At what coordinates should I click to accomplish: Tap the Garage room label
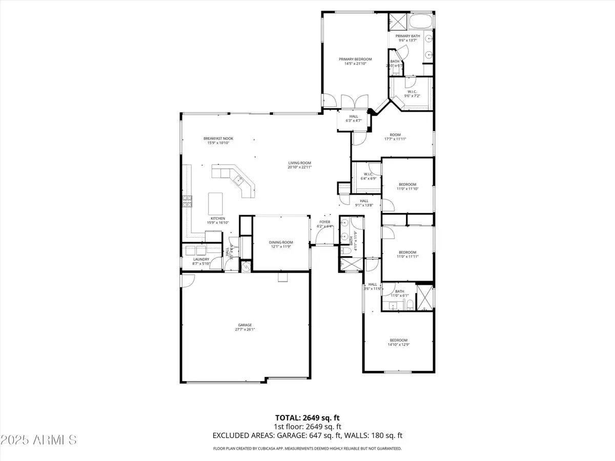[x=244, y=325]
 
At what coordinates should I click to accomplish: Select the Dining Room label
[x=281, y=242]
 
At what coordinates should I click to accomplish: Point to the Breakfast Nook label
[x=216, y=138]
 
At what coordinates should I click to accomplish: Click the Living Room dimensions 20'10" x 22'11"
[x=299, y=167]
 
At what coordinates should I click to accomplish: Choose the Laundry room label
[x=201, y=259]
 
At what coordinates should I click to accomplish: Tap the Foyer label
[x=325, y=222]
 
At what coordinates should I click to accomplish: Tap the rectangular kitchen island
[x=215, y=203]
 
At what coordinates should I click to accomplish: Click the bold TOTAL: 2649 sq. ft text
[x=307, y=418]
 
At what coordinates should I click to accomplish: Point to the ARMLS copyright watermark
[x=39, y=439]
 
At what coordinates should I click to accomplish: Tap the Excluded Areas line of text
[x=307, y=435]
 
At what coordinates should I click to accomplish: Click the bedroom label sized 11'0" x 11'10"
[x=407, y=184]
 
